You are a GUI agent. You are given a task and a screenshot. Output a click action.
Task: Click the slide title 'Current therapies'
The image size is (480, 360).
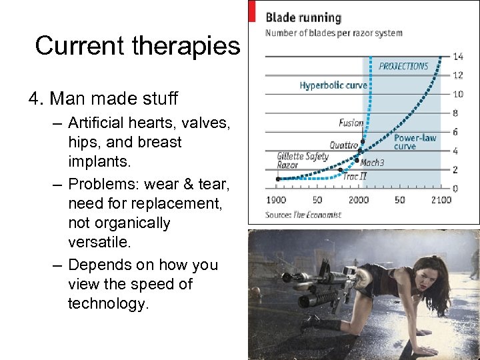[x=137, y=45]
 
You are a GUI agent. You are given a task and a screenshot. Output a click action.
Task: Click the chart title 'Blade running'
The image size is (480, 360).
[x=303, y=17]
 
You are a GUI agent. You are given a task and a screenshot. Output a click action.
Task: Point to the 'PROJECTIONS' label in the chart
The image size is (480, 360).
[x=403, y=66]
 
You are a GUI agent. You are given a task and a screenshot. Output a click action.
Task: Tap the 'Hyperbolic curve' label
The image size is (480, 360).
[x=333, y=85]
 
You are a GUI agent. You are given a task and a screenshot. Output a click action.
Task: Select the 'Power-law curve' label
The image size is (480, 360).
[x=415, y=141]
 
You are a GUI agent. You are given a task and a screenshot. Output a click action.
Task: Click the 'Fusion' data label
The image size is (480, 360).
[x=351, y=123]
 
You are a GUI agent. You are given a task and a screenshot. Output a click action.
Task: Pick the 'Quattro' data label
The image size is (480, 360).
[x=344, y=145]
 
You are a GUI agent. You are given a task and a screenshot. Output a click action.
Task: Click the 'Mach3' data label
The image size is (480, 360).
[x=372, y=162]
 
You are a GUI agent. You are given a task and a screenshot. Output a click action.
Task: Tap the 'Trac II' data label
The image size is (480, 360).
[x=355, y=177]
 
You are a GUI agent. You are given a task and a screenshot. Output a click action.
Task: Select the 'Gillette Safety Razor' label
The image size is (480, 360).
[x=303, y=161]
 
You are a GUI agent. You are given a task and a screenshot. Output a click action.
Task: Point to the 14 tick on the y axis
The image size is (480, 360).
[x=458, y=56]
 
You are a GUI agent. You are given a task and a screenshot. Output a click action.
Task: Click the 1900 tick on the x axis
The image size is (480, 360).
[x=275, y=200]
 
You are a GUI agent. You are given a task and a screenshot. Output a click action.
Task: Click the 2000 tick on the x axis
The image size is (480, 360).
[x=358, y=200]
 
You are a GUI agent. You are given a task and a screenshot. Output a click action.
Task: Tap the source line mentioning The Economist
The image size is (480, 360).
[x=303, y=215]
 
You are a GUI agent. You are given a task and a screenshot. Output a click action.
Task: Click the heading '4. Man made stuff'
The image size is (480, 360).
[x=103, y=99]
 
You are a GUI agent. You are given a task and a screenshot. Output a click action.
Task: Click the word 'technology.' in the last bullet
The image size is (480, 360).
[x=108, y=303]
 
